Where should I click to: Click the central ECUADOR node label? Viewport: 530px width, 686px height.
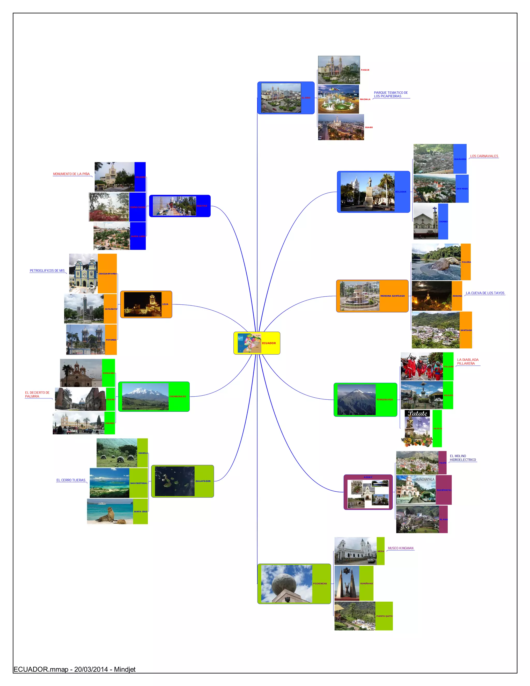click(x=269, y=343)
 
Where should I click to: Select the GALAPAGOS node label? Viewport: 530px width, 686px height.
click(x=203, y=481)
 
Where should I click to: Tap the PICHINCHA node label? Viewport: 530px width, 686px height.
click(x=320, y=583)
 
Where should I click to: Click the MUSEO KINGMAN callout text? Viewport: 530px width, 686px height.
click(x=400, y=548)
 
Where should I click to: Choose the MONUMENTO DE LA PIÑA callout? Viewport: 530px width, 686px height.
click(x=71, y=174)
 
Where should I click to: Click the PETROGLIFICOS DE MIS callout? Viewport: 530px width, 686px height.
click(x=47, y=271)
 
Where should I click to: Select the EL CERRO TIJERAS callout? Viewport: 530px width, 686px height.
click(x=71, y=480)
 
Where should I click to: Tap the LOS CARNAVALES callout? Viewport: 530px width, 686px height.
click(x=484, y=156)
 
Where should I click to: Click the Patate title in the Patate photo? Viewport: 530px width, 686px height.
click(x=417, y=413)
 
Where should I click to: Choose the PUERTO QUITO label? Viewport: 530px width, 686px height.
click(x=384, y=616)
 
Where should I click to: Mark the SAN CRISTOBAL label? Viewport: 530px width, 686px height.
click(x=138, y=483)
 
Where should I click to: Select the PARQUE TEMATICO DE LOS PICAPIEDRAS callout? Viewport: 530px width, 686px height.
click(x=391, y=94)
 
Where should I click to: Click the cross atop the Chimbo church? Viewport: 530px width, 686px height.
click(x=435, y=209)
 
